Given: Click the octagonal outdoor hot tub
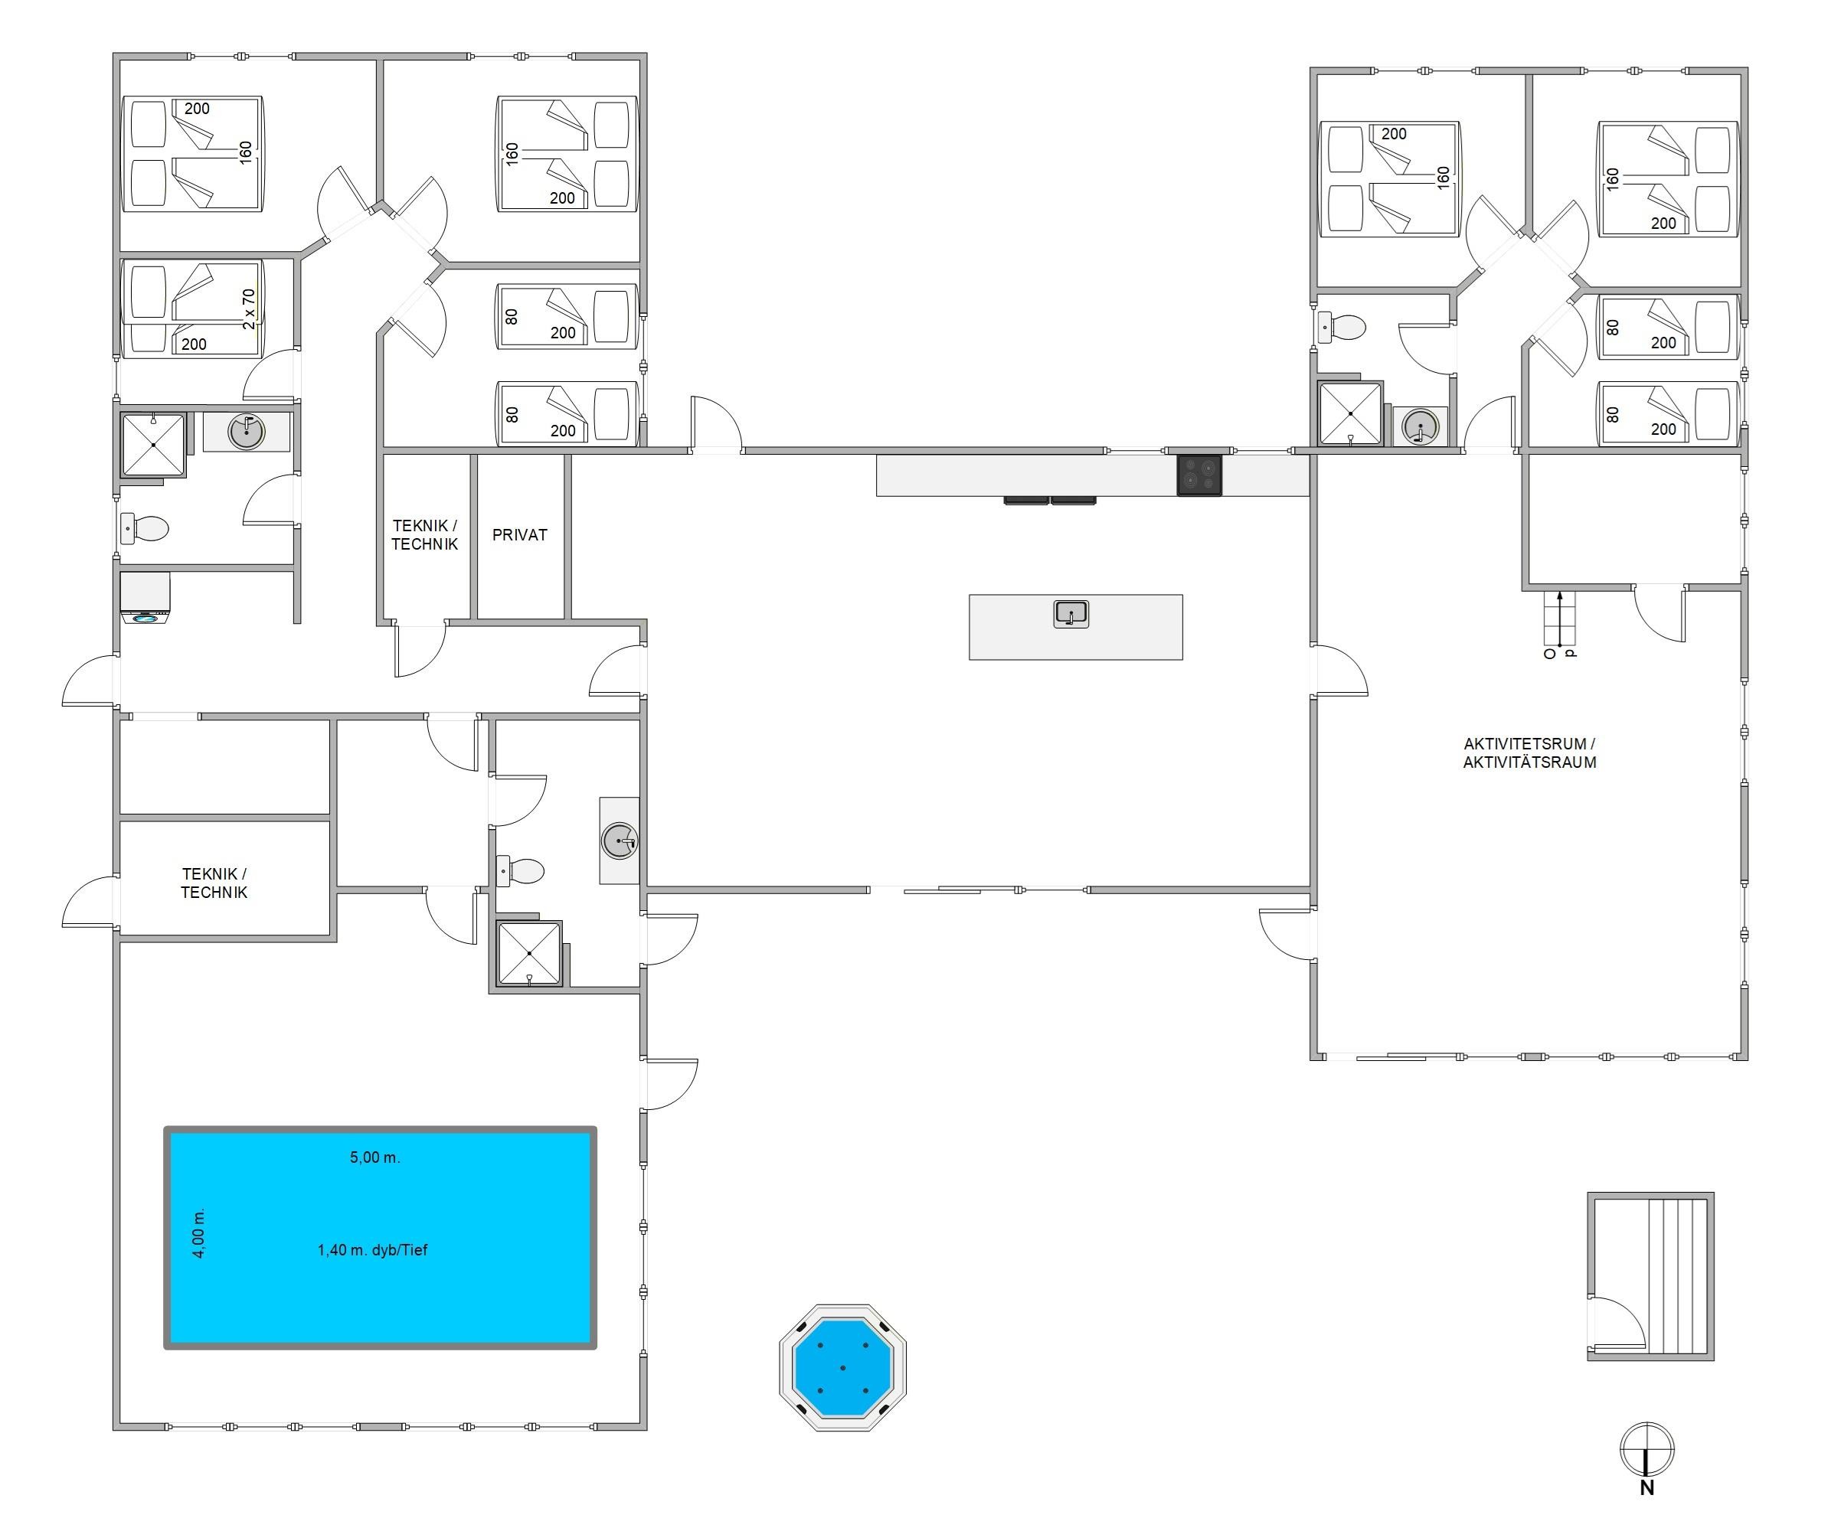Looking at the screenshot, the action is pos(842,1367).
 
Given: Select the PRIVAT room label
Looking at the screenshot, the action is pos(519,534).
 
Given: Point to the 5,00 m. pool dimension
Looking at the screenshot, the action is pos(375,1157).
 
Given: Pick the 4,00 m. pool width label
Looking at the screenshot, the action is pos(199,1233).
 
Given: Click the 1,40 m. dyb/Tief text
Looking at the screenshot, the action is pos(373,1250).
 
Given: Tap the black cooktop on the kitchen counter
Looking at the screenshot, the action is pos(1199,475).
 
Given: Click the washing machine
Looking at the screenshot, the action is pos(145,599).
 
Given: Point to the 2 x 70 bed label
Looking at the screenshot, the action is pos(249,308).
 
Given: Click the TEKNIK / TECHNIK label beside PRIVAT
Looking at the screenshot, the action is pos(424,534).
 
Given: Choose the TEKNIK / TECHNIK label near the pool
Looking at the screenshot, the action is pos(214,883).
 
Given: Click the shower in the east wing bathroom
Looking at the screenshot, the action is pos(1350,413).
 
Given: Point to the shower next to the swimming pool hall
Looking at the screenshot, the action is pos(528,954).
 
